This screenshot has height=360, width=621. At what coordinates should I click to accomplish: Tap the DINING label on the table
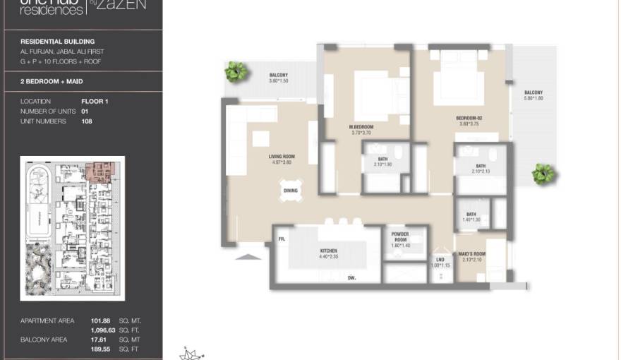tap(291, 191)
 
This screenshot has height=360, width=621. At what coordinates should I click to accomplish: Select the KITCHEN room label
tap(328, 251)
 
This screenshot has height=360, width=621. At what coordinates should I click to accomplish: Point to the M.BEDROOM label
tap(362, 126)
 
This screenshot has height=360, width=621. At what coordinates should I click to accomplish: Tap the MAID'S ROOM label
tap(471, 253)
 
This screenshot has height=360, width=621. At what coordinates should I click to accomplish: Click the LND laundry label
tap(439, 259)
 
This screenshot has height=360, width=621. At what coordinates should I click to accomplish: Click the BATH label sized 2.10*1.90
tap(382, 159)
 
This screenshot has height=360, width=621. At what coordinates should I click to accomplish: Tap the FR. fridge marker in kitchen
tap(281, 240)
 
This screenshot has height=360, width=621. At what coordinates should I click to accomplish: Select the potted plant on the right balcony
tap(543, 173)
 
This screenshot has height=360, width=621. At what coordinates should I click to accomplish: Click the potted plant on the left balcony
tap(236, 71)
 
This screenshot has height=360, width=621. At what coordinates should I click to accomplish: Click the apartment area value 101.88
tap(102, 321)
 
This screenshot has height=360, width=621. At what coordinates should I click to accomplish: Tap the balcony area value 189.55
tap(102, 349)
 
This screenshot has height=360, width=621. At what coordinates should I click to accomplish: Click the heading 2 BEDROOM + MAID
tap(52, 82)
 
